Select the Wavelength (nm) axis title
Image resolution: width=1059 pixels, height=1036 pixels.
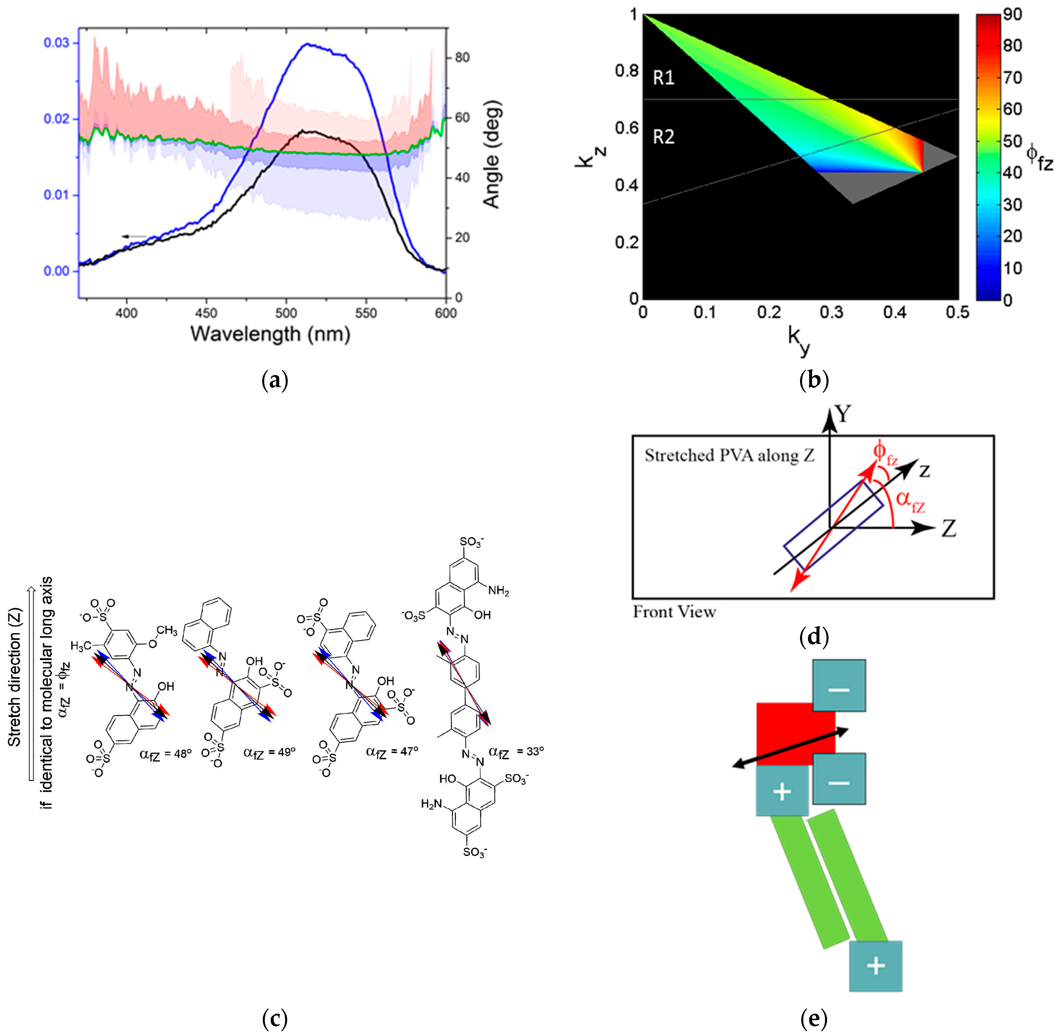pos(270,333)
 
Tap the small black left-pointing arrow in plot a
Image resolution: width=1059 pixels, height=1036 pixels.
pos(133,236)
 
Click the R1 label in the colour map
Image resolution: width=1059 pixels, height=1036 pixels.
pos(663,78)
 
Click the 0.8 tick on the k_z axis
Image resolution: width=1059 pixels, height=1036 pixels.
pos(626,71)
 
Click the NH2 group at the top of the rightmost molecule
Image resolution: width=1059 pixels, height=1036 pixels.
pos(498,591)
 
